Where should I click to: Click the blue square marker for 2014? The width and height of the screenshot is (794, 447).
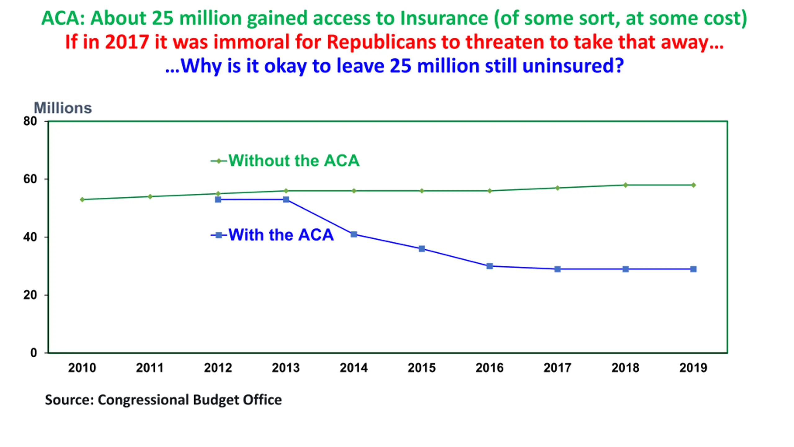click(x=354, y=234)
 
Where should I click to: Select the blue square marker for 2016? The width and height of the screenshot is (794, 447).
click(x=489, y=266)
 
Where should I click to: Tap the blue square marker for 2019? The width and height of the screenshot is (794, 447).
click(x=693, y=269)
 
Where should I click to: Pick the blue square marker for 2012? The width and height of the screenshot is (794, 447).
click(x=218, y=199)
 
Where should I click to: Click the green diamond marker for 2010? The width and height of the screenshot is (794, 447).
click(x=82, y=199)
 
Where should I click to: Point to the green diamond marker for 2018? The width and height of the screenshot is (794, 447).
click(x=625, y=185)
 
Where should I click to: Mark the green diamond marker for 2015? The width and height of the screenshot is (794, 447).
click(x=422, y=191)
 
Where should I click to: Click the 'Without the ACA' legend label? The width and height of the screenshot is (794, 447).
click(x=294, y=160)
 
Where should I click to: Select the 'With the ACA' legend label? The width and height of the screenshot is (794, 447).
click(x=281, y=235)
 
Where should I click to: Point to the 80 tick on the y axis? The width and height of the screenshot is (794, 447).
click(x=30, y=121)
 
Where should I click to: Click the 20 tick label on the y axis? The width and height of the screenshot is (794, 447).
click(x=30, y=295)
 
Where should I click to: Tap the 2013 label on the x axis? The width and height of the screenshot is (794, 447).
click(x=286, y=368)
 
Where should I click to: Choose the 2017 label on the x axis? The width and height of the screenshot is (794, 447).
click(x=557, y=368)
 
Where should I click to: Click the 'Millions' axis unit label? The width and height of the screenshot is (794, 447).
click(x=63, y=108)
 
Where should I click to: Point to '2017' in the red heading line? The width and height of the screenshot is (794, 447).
click(x=127, y=42)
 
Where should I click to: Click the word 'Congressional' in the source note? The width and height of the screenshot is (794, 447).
click(x=143, y=400)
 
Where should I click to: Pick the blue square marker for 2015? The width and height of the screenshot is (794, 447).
click(x=422, y=249)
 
